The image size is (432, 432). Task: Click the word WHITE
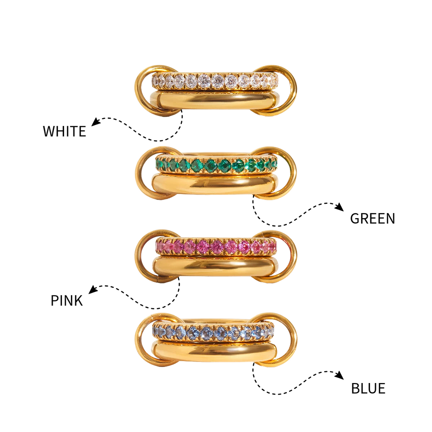[x=65, y=131]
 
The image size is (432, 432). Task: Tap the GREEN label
[x=373, y=219]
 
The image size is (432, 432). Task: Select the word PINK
[x=67, y=300]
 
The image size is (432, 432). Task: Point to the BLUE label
[x=368, y=389]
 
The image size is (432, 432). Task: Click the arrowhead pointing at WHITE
[x=95, y=121]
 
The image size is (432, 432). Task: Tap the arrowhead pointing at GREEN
[x=340, y=207]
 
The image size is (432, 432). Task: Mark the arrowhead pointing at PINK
[x=93, y=289]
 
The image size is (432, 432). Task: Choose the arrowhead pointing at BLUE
[x=340, y=375]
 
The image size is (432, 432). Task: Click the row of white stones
[x=215, y=81]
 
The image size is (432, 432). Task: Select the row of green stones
[x=216, y=165]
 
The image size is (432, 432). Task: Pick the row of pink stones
[x=216, y=246]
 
